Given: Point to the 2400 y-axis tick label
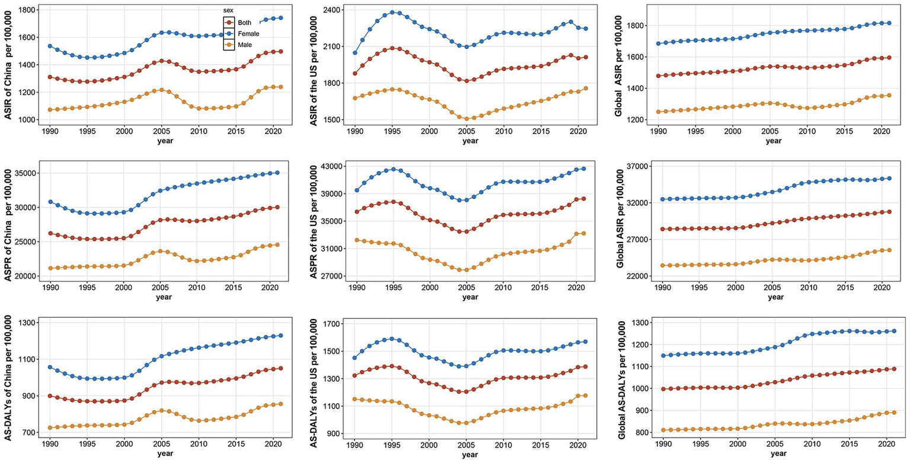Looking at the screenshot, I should [x=325, y=10].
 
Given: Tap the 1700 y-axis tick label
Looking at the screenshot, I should [x=325, y=324].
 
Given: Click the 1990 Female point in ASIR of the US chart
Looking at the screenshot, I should [x=355, y=53].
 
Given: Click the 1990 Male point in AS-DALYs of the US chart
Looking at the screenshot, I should [x=355, y=399].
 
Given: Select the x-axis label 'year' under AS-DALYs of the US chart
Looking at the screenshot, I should [x=470, y=454].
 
